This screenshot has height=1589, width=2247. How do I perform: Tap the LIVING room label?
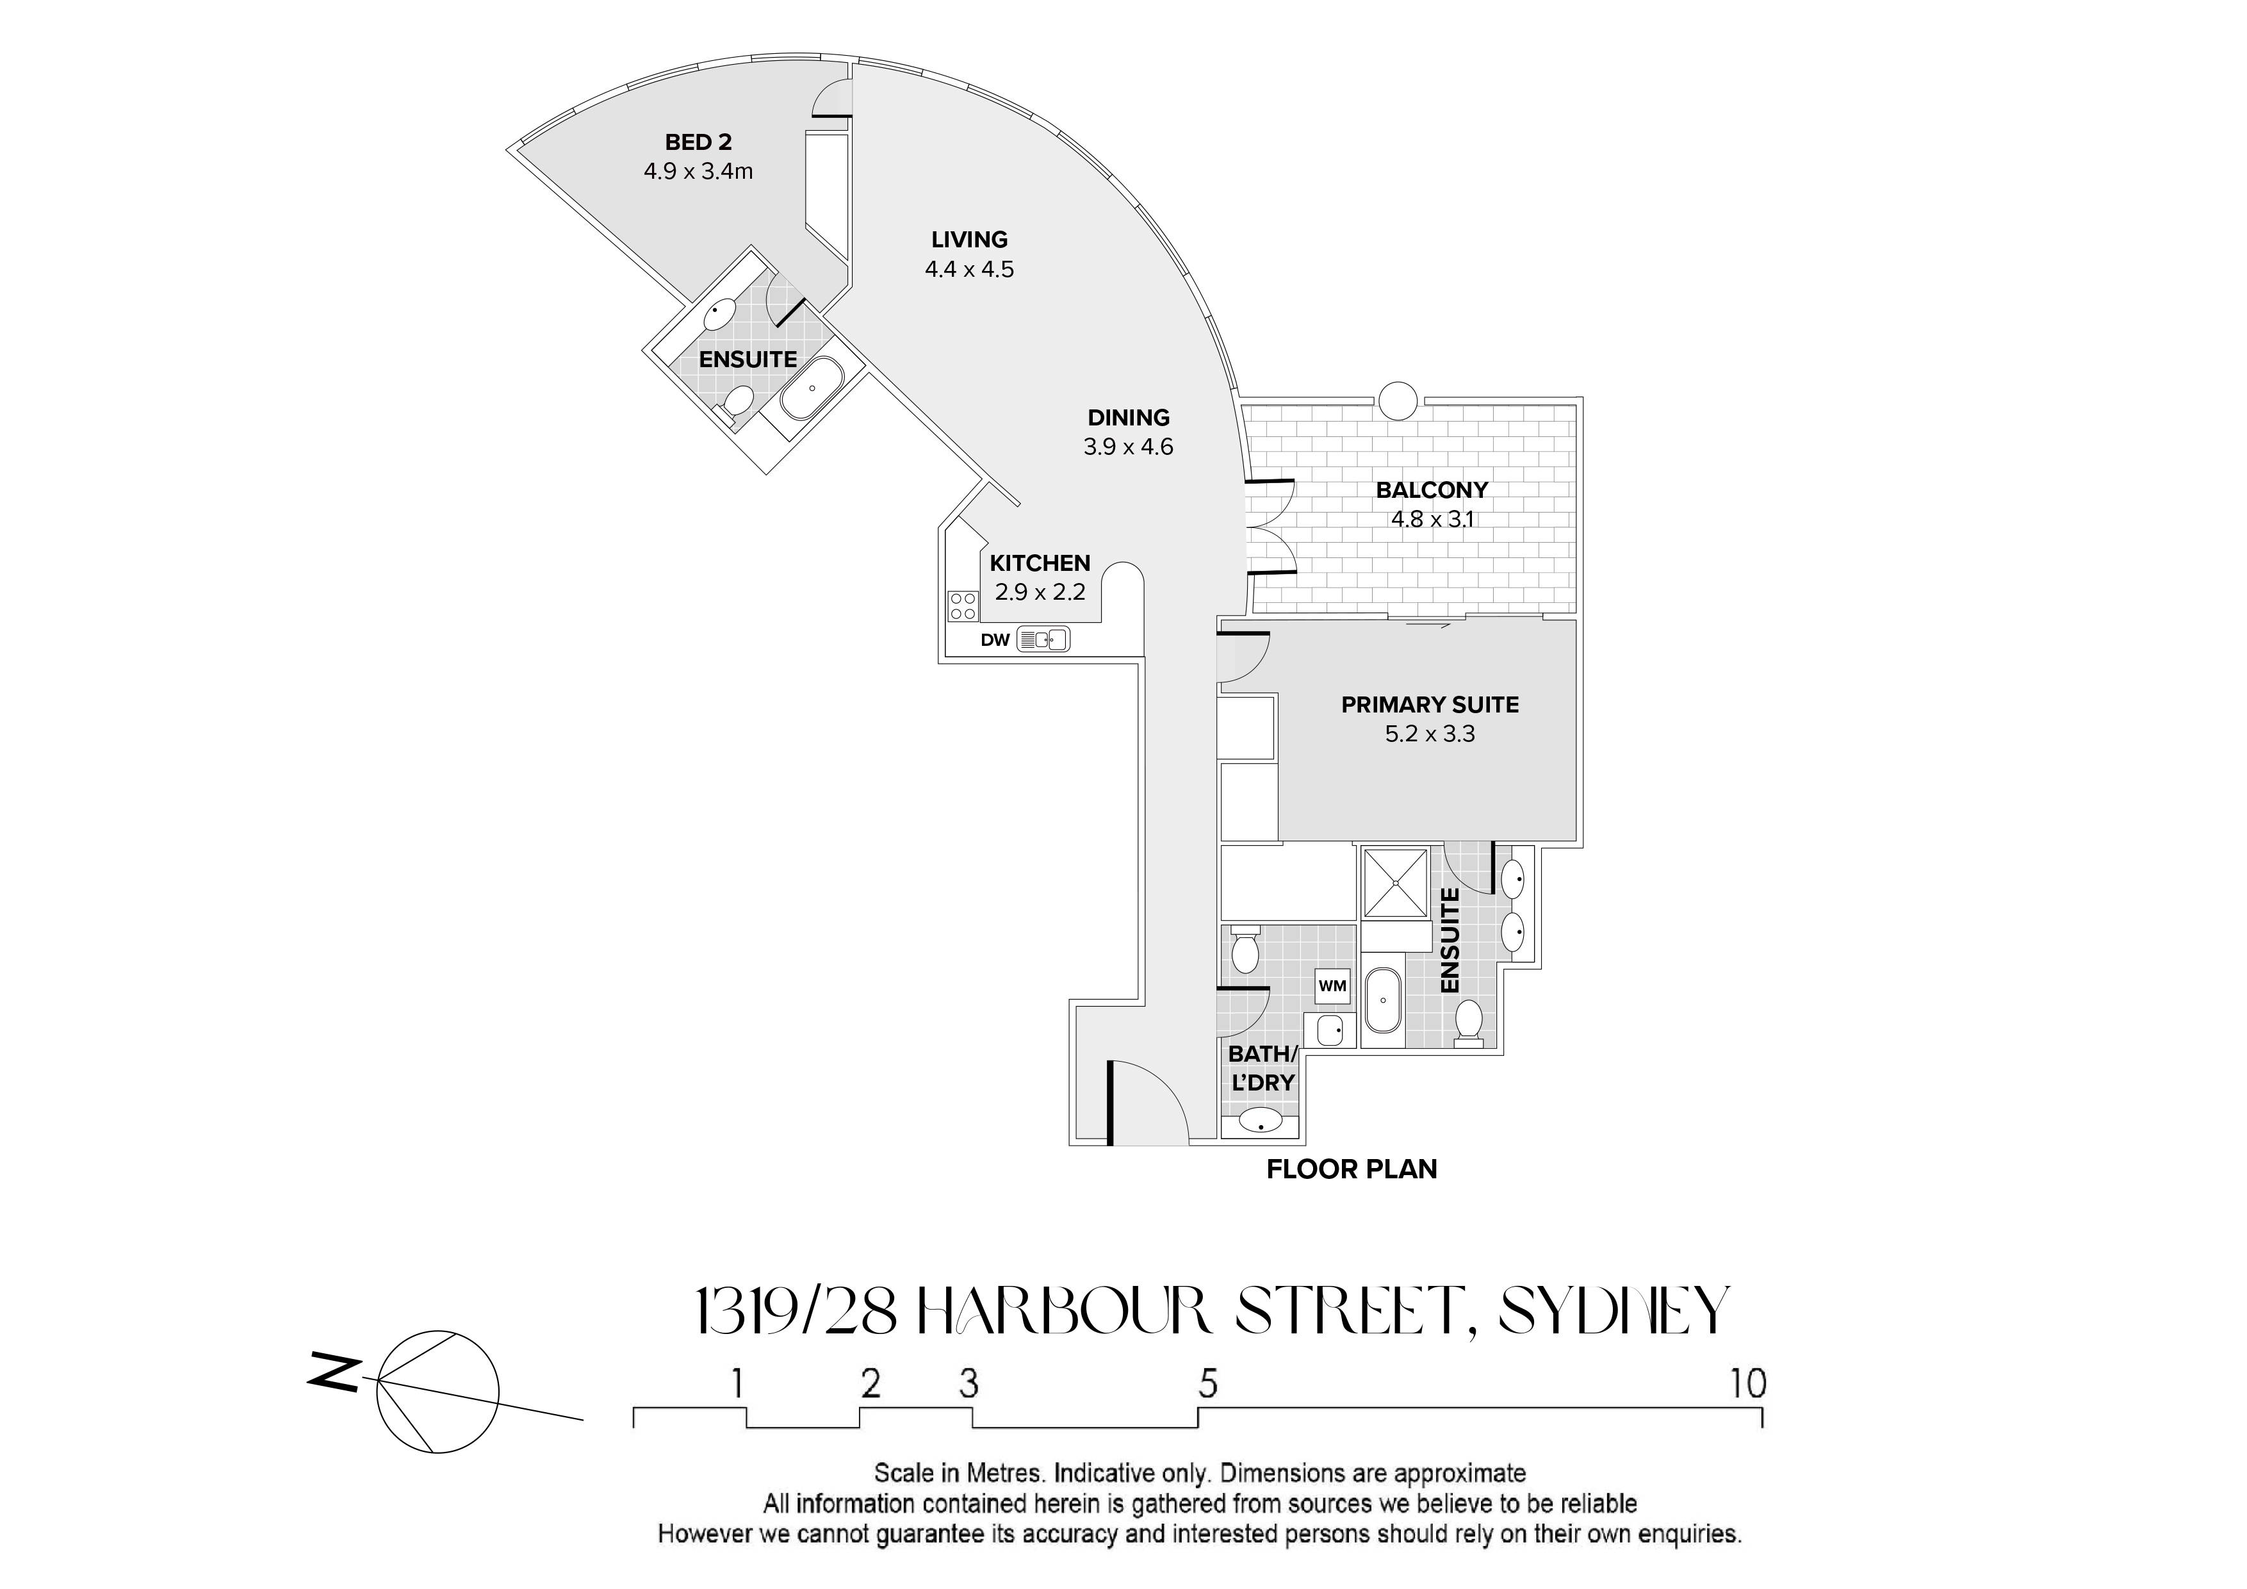(x=969, y=239)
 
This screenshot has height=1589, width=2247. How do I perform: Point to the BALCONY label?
(x=1432, y=490)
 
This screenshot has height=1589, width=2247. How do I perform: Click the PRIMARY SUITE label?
(x=1430, y=705)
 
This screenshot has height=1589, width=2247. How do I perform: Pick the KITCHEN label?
(x=1040, y=563)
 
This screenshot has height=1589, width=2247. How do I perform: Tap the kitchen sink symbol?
(x=1043, y=640)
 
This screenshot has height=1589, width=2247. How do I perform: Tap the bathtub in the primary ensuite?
(x=1383, y=1000)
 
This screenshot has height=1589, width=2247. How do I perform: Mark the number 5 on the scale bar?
(x=1207, y=1383)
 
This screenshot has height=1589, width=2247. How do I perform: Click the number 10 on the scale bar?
(x=1748, y=1383)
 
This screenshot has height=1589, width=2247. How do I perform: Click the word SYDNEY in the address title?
(x=1615, y=1311)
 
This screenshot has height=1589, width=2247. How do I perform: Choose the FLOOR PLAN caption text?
(x=1352, y=1169)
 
